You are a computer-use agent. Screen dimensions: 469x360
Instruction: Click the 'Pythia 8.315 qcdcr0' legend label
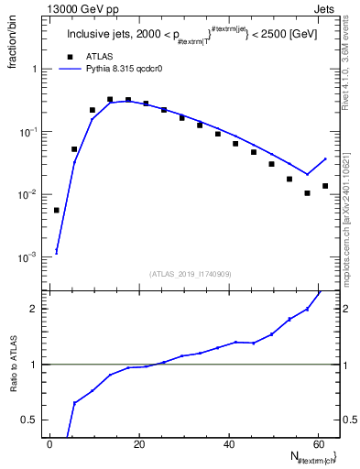tap(126, 69)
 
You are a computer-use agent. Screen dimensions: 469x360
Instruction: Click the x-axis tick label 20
tap(138, 443)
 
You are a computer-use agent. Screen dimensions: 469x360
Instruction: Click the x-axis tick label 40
tap(227, 443)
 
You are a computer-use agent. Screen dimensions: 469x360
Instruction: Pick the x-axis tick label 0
tap(49, 443)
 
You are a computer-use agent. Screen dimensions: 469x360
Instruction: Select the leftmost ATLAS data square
tap(57, 210)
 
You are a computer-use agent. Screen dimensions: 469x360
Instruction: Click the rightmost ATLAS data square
tap(325, 186)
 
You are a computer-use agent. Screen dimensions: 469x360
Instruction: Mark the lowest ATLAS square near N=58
tap(308, 193)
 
